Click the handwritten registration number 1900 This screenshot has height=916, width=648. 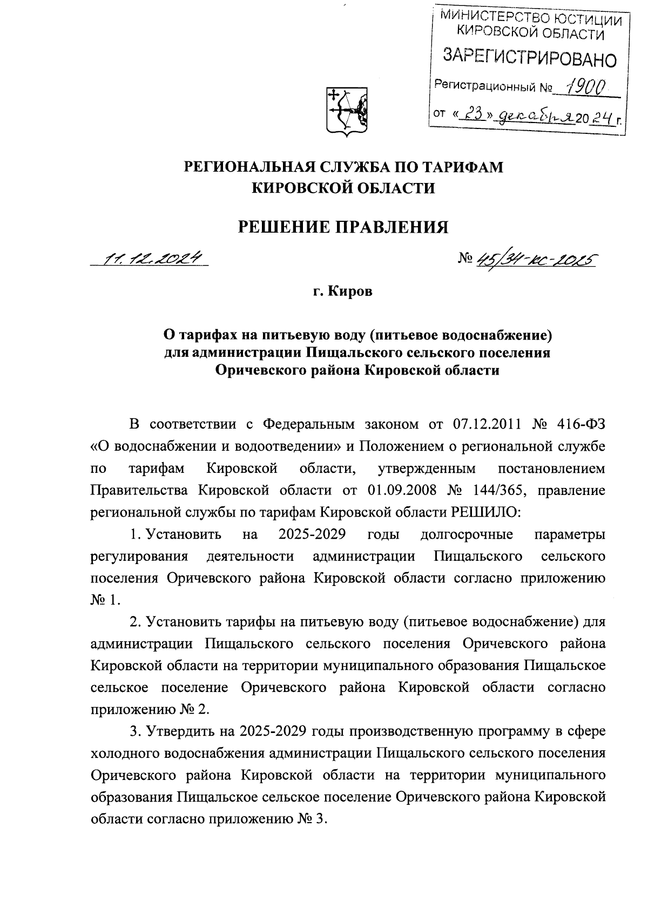point(583,85)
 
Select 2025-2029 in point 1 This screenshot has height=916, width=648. point(313,534)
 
